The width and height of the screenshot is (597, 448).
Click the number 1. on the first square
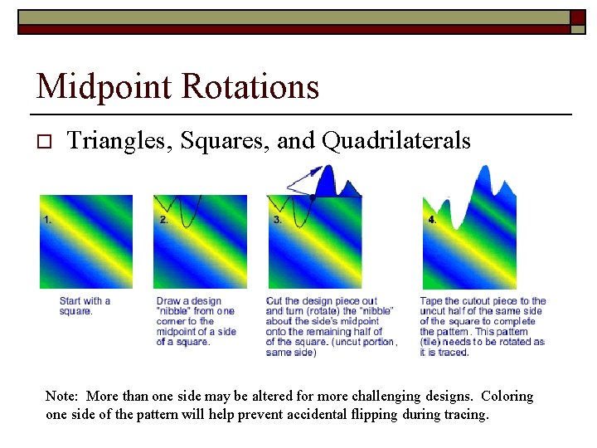click(48, 220)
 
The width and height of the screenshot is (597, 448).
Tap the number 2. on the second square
click(163, 220)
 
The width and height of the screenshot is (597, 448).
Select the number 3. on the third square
click(277, 220)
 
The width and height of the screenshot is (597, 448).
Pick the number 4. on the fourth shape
click(432, 220)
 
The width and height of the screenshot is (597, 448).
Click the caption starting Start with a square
click(85, 306)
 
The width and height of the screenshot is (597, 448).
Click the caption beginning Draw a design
click(196, 321)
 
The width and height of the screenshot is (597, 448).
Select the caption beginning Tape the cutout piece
click(483, 326)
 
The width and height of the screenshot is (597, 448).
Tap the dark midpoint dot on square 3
click(313, 197)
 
